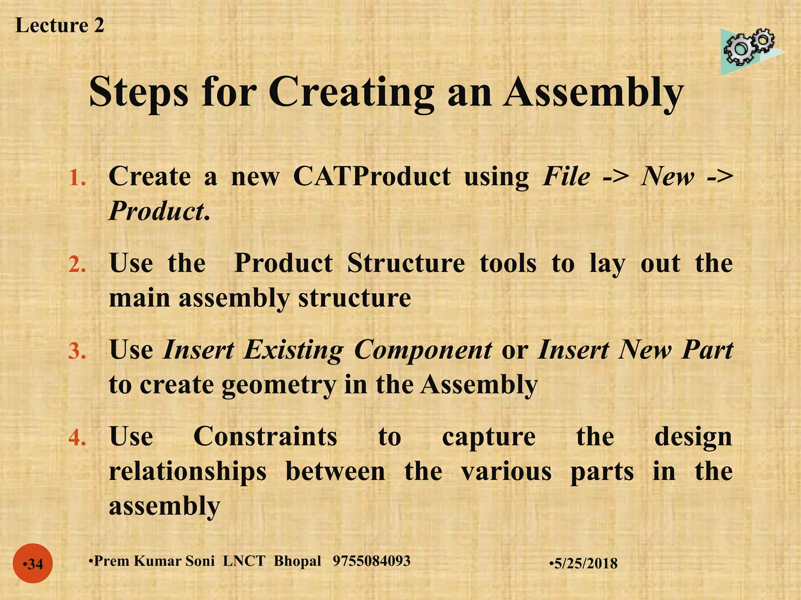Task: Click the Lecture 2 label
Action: pyautogui.click(x=59, y=26)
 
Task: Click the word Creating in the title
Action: pyautogui.click(x=351, y=93)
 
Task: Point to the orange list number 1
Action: pyautogui.click(x=77, y=178)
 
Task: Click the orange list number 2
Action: pyautogui.click(x=77, y=265)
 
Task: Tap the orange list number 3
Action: pyautogui.click(x=77, y=351)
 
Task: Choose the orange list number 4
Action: pyautogui.click(x=77, y=438)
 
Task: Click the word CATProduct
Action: pyautogui.click(x=372, y=177)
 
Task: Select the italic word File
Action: pyautogui.click(x=566, y=177)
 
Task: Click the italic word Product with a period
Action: pyautogui.click(x=159, y=211)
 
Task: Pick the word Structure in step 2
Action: pyautogui.click(x=406, y=263)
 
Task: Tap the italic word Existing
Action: pyautogui.click(x=293, y=350)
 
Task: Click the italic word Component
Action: pyautogui.click(x=423, y=350)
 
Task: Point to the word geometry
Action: pyautogui.click(x=278, y=385)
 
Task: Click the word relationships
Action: pyautogui.click(x=188, y=471)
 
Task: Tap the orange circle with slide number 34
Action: pyautogui.click(x=33, y=564)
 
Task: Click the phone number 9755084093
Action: pyautogui.click(x=372, y=561)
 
